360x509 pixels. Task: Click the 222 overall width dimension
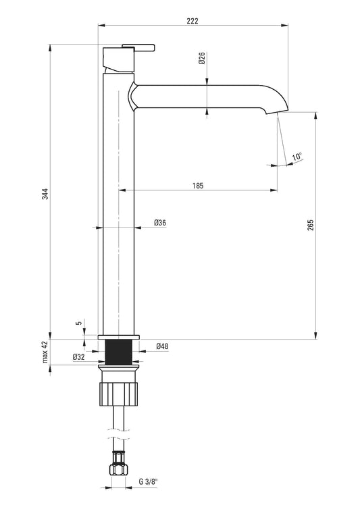[x=192, y=21]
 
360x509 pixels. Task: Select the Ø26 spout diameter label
[x=202, y=58]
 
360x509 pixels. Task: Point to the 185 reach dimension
[x=197, y=186]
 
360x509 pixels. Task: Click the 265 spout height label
[x=311, y=225]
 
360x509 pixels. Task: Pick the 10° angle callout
[x=297, y=156]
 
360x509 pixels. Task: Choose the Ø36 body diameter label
[x=160, y=223]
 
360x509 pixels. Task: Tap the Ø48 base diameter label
[x=162, y=346]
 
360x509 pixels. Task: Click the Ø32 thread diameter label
[x=79, y=356]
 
